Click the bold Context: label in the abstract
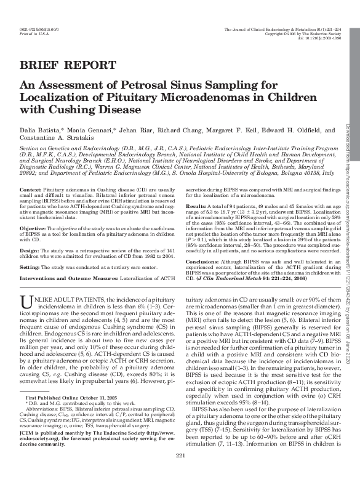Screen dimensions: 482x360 pos(31,174)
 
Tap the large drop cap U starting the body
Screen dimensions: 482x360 pos(25,284)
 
